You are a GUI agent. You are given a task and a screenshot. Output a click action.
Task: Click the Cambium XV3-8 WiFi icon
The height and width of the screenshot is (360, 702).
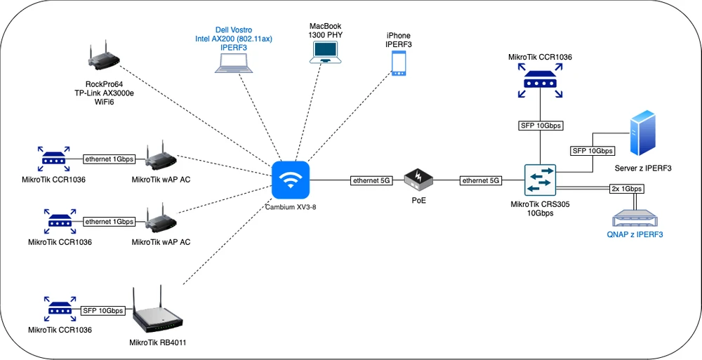pyautogui.click(x=291, y=180)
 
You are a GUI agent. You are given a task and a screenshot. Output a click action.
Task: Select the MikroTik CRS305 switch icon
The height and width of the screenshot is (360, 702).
pyautogui.click(x=540, y=180)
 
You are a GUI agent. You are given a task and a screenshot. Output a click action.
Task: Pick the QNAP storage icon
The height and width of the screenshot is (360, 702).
pyautogui.click(x=634, y=218)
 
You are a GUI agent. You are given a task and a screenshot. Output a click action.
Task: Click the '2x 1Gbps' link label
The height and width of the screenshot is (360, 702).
pyautogui.click(x=625, y=189)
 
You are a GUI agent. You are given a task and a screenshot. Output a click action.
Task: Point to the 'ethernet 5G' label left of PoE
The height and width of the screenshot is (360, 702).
pyautogui.click(x=371, y=181)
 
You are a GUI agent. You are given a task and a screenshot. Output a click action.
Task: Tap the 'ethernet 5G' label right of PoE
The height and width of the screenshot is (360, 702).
pyautogui.click(x=481, y=181)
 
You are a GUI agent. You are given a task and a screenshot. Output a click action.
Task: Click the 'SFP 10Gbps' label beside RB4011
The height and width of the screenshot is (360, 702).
pyautogui.click(x=103, y=310)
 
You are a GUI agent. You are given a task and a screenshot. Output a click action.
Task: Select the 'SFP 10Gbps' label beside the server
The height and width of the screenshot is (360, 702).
pyautogui.click(x=592, y=151)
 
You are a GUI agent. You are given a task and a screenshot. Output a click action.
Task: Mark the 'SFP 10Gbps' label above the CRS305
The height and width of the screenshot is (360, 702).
pyautogui.click(x=540, y=126)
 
